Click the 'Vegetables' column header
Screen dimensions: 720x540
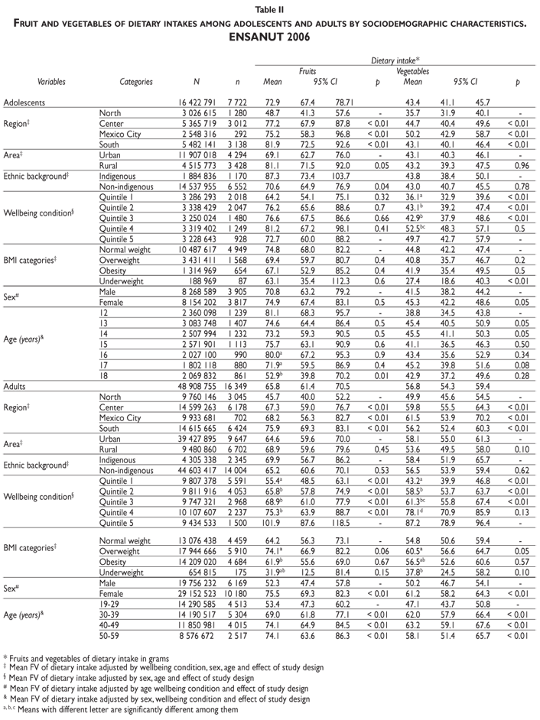click(412, 70)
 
